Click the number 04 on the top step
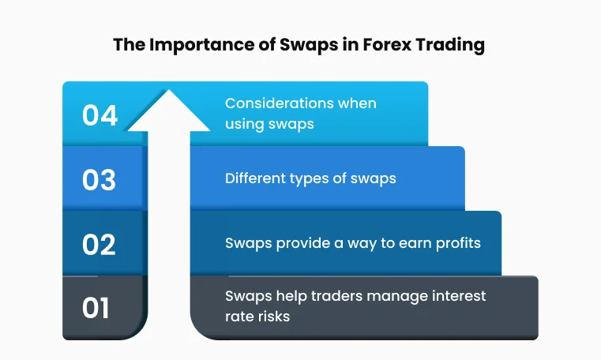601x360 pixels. (100, 115)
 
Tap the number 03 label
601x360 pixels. (100, 179)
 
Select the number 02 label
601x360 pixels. (100, 244)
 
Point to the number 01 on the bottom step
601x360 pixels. (96, 308)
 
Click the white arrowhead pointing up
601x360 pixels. (167, 110)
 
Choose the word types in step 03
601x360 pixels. (306, 179)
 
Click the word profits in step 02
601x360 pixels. (456, 243)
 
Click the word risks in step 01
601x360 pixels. (274, 317)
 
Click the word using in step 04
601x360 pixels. (242, 124)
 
